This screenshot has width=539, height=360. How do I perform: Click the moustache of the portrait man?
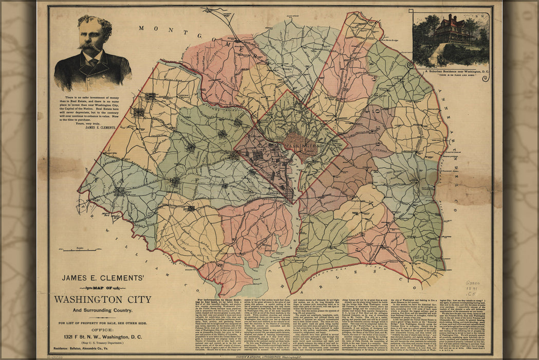point(90,47)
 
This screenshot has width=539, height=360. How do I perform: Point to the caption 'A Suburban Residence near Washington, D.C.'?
point(450,71)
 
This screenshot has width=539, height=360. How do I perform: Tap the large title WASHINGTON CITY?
point(103,299)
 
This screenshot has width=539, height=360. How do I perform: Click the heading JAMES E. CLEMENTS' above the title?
point(103,278)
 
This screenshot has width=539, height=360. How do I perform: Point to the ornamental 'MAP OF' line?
point(102,287)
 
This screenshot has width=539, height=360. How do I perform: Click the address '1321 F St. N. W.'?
point(103,336)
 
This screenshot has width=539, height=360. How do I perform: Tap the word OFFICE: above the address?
point(103,329)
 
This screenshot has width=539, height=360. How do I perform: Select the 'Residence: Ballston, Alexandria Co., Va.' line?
point(103,348)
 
